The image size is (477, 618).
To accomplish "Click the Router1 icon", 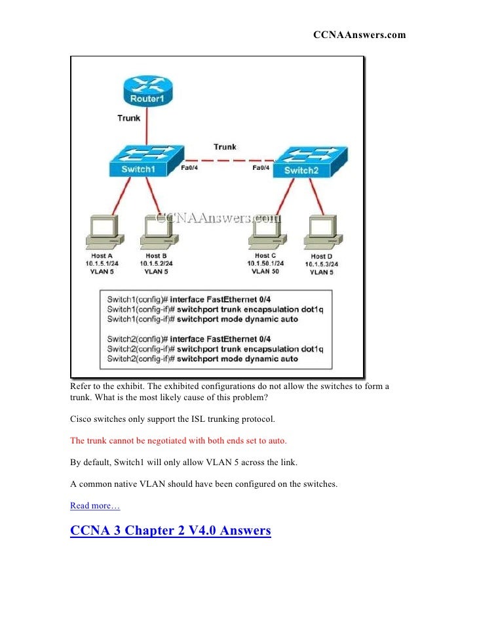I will click(146, 93).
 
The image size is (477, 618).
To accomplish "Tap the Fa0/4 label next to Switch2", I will click(261, 168).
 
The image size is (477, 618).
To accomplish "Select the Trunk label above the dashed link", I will click(225, 147).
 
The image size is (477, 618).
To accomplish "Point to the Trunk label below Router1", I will click(128, 118).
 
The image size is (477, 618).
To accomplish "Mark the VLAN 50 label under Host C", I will click(265, 270).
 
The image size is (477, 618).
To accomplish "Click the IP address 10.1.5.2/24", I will click(156, 263).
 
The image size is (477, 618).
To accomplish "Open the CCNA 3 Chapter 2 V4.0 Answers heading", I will click(170, 530).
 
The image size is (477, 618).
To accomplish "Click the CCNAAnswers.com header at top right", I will click(358, 34).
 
